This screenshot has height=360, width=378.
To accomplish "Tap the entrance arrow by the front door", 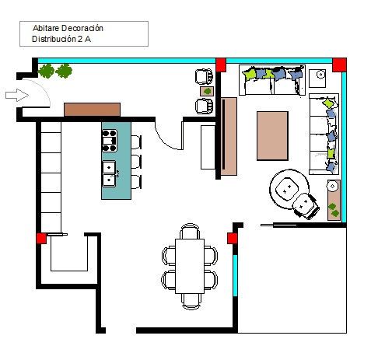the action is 17,95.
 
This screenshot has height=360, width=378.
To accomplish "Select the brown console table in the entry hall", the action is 92,110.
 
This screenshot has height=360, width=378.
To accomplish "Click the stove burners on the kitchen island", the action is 109,141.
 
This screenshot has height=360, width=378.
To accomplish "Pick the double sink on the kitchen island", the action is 109,173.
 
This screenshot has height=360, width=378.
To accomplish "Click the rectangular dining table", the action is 190,266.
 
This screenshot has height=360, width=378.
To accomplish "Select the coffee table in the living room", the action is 272,136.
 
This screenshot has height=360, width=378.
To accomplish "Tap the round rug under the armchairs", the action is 289,189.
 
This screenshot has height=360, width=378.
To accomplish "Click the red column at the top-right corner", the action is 339,65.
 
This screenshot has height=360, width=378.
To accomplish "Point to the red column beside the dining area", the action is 232,239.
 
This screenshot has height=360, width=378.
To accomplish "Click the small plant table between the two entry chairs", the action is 207,91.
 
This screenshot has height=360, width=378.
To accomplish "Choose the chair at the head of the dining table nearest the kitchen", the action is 190,231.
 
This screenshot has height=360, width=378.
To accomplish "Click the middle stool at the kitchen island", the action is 136,162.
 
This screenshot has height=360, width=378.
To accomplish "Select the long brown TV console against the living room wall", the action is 229,136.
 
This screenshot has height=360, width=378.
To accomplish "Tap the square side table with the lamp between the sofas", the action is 317,79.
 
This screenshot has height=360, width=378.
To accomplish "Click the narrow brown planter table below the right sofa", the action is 334,200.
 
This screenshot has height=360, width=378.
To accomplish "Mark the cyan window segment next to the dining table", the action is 235,275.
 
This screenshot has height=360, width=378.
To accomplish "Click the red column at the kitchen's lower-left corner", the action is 41,239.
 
